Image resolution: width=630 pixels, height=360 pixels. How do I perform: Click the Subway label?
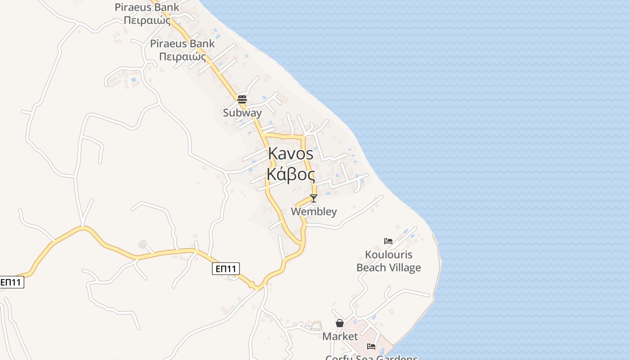point(242,113)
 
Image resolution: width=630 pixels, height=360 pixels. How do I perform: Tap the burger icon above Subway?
point(242,99)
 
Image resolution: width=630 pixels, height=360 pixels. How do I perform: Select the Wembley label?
point(314,211)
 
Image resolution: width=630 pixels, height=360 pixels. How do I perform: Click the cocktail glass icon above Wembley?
point(314,198)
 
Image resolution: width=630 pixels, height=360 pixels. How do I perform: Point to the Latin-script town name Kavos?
point(291,153)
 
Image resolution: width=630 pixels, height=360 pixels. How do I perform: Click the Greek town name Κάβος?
point(291,174)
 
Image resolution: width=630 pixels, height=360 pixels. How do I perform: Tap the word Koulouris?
point(388,255)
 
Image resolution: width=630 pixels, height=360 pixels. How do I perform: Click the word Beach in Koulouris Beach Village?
point(372,268)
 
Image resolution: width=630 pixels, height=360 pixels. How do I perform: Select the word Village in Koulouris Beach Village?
point(405,268)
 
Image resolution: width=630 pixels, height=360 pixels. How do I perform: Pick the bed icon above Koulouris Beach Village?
point(388,241)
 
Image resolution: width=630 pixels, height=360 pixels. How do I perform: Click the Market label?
point(340,337)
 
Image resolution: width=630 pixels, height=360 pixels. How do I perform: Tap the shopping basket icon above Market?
point(340,323)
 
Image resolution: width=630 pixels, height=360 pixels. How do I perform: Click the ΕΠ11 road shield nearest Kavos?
point(226,269)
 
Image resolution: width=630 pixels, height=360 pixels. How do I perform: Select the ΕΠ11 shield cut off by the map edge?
point(11,283)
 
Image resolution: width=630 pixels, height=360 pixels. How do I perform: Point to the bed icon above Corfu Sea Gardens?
point(371,346)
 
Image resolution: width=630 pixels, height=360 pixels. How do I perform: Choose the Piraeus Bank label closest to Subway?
point(182,50)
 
